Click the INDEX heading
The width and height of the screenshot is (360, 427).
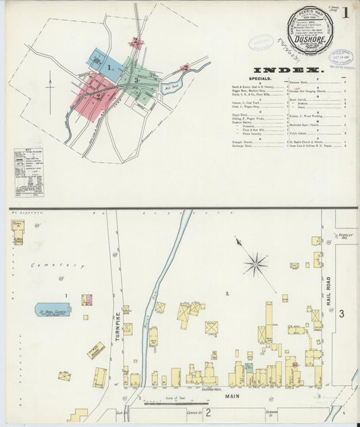click(289, 70)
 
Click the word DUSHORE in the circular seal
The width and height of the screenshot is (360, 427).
click(311, 39)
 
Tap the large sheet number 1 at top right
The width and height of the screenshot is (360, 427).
click(345, 12)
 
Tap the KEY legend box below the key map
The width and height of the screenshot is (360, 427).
click(28, 172)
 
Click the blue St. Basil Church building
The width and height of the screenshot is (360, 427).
click(53, 309)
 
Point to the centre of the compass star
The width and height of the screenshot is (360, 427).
click(255, 264)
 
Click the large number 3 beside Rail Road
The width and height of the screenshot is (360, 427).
click(342, 313)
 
